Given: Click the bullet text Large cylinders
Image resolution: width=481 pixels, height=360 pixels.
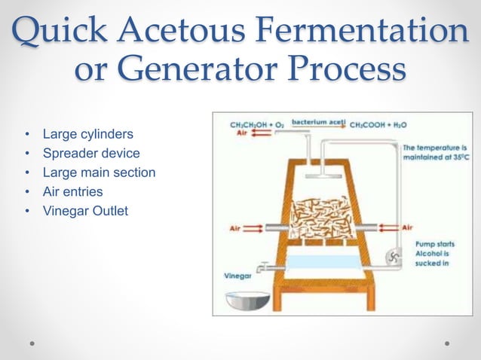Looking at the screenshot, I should (88, 135).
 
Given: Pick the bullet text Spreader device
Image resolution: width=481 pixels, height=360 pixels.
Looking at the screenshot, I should (91, 154).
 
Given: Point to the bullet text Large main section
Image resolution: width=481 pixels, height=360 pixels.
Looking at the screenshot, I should (99, 172).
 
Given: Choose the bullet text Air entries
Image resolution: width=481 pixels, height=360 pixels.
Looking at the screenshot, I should (72, 192).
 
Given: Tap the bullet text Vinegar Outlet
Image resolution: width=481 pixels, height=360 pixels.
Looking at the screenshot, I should (85, 211).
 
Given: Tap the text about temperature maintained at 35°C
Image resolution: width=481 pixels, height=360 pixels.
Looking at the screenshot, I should (435, 153).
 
